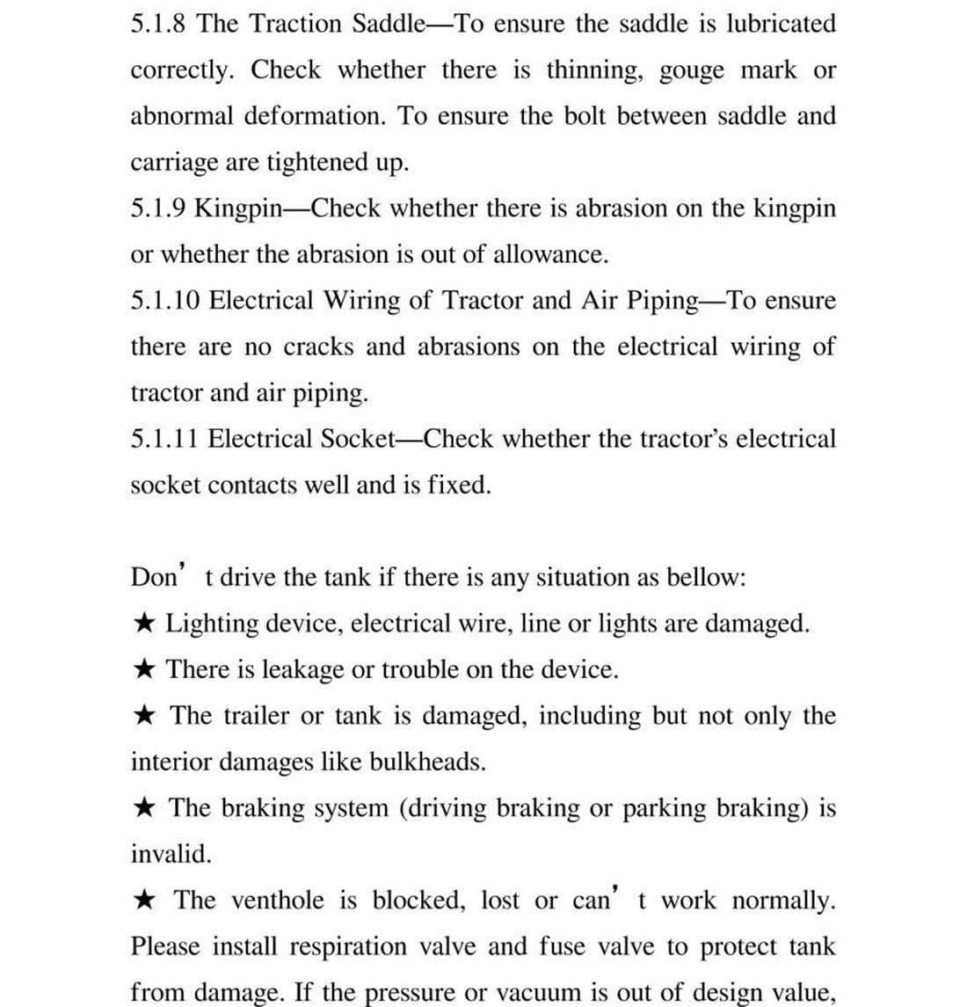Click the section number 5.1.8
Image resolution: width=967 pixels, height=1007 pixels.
[159, 24]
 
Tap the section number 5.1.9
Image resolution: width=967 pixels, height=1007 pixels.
[159, 208]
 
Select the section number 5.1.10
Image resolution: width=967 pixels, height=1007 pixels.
[166, 301]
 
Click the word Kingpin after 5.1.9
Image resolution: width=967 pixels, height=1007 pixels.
[238, 208]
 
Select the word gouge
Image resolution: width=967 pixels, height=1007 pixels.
[692, 70]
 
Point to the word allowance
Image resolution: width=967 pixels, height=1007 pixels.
[550, 255]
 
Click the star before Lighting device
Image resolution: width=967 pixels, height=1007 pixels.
[146, 624]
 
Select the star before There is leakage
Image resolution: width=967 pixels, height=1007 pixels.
[146, 669]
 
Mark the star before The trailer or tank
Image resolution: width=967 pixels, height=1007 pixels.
[146, 715]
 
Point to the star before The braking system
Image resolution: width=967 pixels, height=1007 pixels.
[146, 807]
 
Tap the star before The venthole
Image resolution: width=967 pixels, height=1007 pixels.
[146, 900]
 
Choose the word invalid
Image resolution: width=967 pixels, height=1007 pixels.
[171, 853]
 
